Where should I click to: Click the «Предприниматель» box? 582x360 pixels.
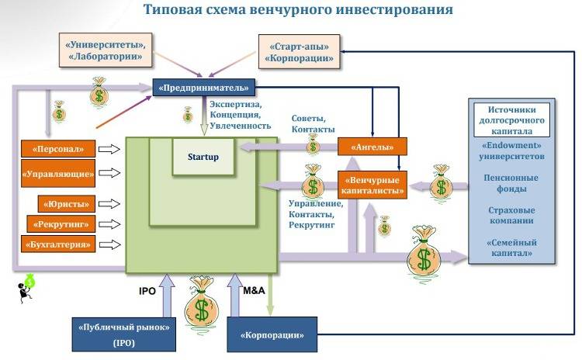(204, 88)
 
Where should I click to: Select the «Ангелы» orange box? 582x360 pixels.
(372, 147)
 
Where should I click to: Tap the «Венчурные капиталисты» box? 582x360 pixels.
(372, 185)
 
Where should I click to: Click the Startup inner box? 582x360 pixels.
(203, 157)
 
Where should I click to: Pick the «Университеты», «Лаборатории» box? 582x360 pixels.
(106, 50)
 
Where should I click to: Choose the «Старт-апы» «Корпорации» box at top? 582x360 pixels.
(300, 52)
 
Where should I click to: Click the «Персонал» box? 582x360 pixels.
(58, 149)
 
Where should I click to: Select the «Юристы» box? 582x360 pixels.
(67, 204)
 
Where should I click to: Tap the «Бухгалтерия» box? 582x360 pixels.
(58, 244)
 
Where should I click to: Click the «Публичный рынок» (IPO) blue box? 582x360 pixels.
(124, 334)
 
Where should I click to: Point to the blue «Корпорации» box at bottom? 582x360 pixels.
(272, 334)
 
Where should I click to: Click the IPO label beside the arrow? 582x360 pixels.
(147, 291)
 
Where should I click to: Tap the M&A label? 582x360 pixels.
(254, 290)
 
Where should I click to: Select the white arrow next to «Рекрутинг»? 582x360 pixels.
(109, 224)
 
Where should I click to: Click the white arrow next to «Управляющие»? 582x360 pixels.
(109, 172)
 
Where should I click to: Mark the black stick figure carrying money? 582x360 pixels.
(26, 289)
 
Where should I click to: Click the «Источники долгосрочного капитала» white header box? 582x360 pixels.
(511, 120)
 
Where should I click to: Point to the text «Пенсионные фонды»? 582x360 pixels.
(511, 183)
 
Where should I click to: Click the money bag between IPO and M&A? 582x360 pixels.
(201, 301)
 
